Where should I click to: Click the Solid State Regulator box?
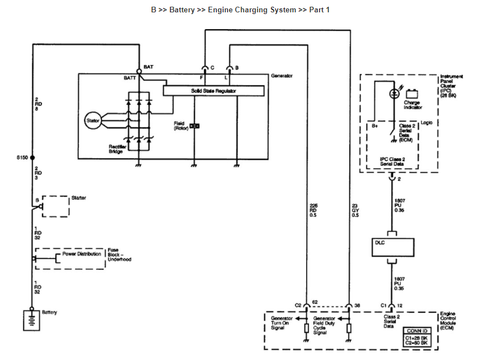click(x=214, y=90)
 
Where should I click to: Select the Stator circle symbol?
click(x=91, y=119)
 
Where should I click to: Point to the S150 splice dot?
click(x=33, y=158)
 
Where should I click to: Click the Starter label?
click(x=78, y=198)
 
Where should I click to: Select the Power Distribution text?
click(x=82, y=253)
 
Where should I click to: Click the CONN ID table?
click(x=418, y=335)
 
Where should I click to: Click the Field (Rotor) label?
click(x=181, y=126)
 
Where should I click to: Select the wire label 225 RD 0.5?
click(x=313, y=209)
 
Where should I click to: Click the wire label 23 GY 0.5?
click(x=355, y=209)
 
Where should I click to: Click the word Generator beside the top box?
click(x=282, y=75)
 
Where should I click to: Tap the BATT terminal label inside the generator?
click(x=130, y=78)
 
